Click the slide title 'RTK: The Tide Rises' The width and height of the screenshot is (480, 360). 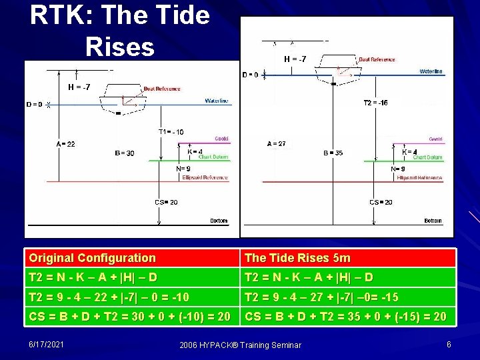[x=120, y=30]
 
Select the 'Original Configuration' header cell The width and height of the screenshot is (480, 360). [x=92, y=257]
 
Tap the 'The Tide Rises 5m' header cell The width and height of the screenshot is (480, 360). [x=297, y=257]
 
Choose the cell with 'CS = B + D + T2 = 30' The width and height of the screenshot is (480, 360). [x=129, y=316]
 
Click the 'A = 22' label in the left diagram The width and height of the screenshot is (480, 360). [x=66, y=143]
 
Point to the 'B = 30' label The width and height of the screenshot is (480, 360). [x=124, y=153]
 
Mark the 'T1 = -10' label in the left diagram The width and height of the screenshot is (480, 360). [x=171, y=131]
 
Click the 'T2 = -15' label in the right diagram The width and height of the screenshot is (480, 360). [x=375, y=103]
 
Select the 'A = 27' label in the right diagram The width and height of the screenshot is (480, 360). [x=277, y=143]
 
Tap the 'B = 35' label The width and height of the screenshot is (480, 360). [x=333, y=153]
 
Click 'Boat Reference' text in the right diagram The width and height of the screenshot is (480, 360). [x=377, y=59]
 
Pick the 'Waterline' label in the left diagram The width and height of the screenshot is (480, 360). [x=217, y=101]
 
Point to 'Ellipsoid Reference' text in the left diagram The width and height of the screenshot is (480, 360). [x=205, y=177]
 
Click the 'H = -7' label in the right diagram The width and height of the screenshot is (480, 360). [x=295, y=59]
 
